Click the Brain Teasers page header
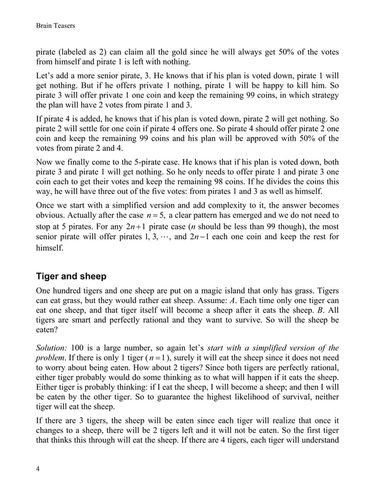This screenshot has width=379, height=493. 55,26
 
